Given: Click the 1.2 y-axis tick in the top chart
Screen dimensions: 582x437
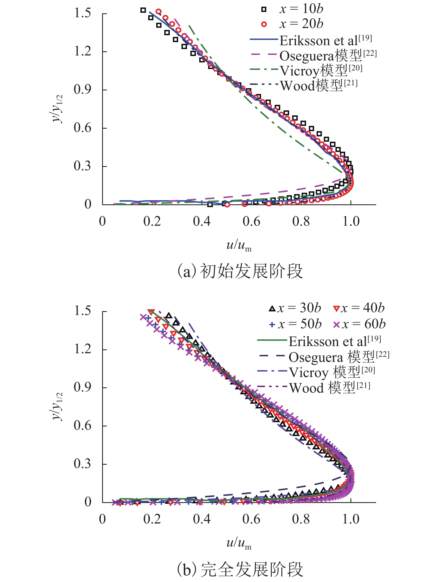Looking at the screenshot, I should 83,51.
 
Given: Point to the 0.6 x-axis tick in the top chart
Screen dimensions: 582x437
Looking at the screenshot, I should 251,221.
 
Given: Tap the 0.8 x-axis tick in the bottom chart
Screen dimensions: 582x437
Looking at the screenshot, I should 301,519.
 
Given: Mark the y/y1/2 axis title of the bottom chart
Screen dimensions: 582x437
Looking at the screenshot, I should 58,406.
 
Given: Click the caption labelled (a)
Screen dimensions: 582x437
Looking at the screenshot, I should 240,271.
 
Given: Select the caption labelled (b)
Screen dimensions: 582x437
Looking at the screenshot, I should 240,569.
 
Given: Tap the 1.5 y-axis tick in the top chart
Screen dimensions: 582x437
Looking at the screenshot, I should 83,13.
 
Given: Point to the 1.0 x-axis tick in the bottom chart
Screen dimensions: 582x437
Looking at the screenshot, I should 351,519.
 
